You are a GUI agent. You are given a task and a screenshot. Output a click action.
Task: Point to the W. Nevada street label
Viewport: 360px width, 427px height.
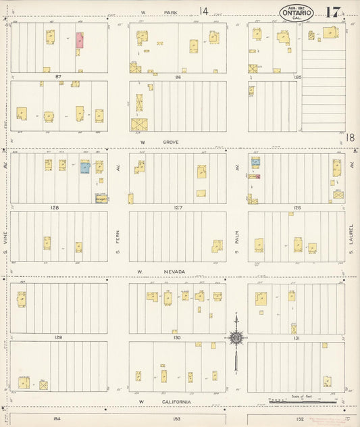(x=153, y=272)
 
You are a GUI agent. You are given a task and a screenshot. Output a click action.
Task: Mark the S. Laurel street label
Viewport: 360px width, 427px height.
(x=351, y=241)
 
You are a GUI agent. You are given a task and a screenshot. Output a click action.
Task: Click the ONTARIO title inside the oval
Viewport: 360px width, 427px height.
(x=297, y=12)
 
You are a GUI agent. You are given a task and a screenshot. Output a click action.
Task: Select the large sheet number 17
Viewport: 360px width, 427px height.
(x=332, y=12)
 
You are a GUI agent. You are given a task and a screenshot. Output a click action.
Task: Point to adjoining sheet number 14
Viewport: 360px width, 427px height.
(x=204, y=10)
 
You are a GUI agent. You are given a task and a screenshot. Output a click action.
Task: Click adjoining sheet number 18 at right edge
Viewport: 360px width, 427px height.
(x=351, y=137)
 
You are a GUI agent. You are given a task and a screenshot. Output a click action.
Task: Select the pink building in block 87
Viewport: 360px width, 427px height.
(x=80, y=40)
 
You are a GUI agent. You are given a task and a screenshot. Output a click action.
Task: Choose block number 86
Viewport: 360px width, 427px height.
(x=178, y=78)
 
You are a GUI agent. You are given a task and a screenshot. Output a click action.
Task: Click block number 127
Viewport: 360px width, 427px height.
(x=178, y=208)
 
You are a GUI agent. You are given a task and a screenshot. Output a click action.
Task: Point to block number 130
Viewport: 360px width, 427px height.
(x=177, y=336)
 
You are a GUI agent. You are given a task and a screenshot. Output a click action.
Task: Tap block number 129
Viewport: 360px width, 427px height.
(x=58, y=336)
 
